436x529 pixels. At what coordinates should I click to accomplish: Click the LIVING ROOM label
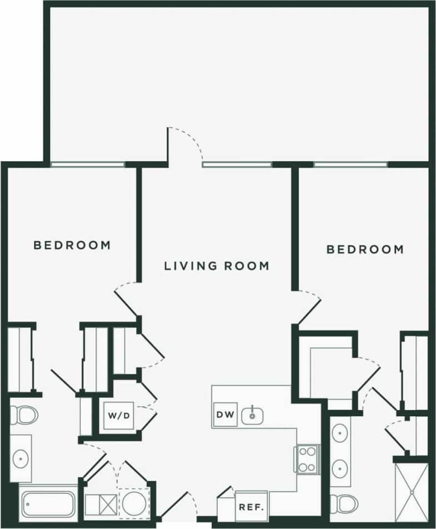click(217, 266)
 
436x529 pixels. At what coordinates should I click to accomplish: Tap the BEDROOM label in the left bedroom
click(72, 245)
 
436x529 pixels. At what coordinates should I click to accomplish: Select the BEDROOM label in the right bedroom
click(365, 249)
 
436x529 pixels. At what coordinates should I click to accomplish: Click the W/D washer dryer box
click(119, 415)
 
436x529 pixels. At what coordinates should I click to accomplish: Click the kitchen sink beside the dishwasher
click(253, 415)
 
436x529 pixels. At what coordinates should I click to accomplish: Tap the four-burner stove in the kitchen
click(307, 458)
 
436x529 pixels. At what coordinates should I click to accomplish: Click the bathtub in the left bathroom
click(48, 503)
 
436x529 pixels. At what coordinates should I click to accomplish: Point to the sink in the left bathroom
click(21, 458)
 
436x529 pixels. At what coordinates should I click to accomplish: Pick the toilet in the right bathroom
click(340, 503)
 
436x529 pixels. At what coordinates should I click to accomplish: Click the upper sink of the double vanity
click(340, 432)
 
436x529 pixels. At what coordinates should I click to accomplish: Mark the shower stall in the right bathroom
click(412, 492)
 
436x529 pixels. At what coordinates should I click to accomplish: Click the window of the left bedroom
click(87, 164)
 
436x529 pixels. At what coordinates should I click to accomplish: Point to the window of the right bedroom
click(350, 164)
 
